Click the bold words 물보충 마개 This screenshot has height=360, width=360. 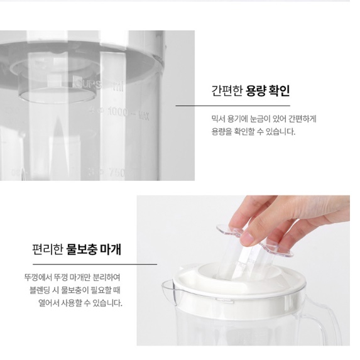pyautogui.click(x=94, y=249)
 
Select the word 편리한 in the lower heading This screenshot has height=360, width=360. pyautogui.click(x=48, y=249)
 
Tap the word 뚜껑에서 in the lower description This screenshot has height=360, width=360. pyautogui.click(x=35, y=277)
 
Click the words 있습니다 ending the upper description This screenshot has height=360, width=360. pyautogui.click(x=278, y=131)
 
